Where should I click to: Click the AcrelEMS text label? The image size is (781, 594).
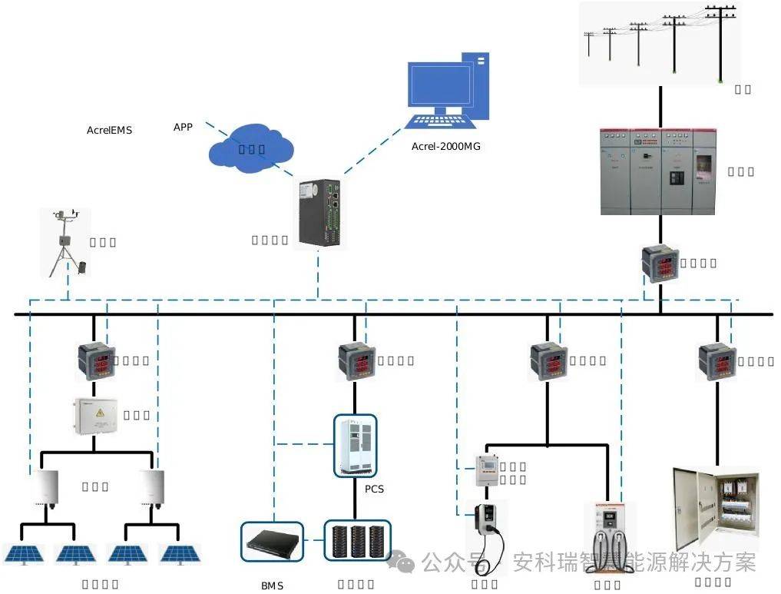[109, 131]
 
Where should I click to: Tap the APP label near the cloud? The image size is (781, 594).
[183, 127]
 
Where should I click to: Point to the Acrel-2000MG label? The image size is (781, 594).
[445, 146]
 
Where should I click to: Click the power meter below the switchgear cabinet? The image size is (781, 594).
[660, 264]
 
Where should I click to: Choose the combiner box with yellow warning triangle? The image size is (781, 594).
[96, 416]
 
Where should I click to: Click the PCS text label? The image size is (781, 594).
[374, 489]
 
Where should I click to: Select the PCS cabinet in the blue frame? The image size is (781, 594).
[355, 446]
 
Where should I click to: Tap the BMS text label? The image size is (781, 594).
[272, 586]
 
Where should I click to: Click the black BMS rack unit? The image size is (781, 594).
[272, 542]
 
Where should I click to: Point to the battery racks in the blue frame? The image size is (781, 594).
[357, 541]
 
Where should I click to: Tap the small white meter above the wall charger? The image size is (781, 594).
[485, 470]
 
